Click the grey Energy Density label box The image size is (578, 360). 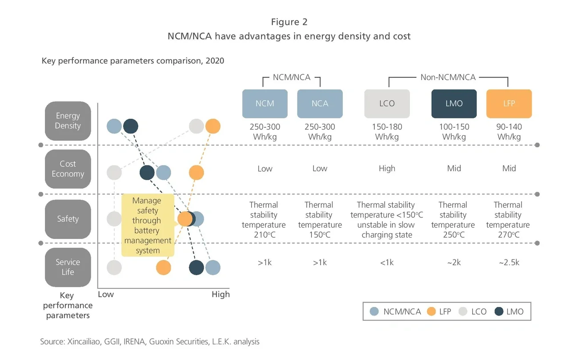pos(68,121)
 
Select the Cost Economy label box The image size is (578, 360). pos(68,169)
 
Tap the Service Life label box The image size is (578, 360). pos(68,267)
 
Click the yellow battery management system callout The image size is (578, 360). pos(148,225)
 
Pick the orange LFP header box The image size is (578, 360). pos(509,104)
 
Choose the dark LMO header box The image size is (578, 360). pos(454,104)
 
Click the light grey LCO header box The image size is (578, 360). pos(387,104)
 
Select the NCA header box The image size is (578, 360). pos(320,104)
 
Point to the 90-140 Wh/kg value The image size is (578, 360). pos(509,132)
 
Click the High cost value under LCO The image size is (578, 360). pos(387,169)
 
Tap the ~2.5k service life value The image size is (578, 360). pos(509,263)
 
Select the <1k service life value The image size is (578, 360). pos(387,263)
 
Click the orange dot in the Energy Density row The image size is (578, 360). pos(213,126)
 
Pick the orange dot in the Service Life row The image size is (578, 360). pos(164,267)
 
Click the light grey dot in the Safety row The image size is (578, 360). pos(114,218)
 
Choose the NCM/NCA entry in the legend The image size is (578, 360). pos(396,311)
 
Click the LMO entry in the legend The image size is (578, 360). pos(509,311)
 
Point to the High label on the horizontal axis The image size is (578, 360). pos(221,294)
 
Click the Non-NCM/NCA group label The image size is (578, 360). pos(448,77)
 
